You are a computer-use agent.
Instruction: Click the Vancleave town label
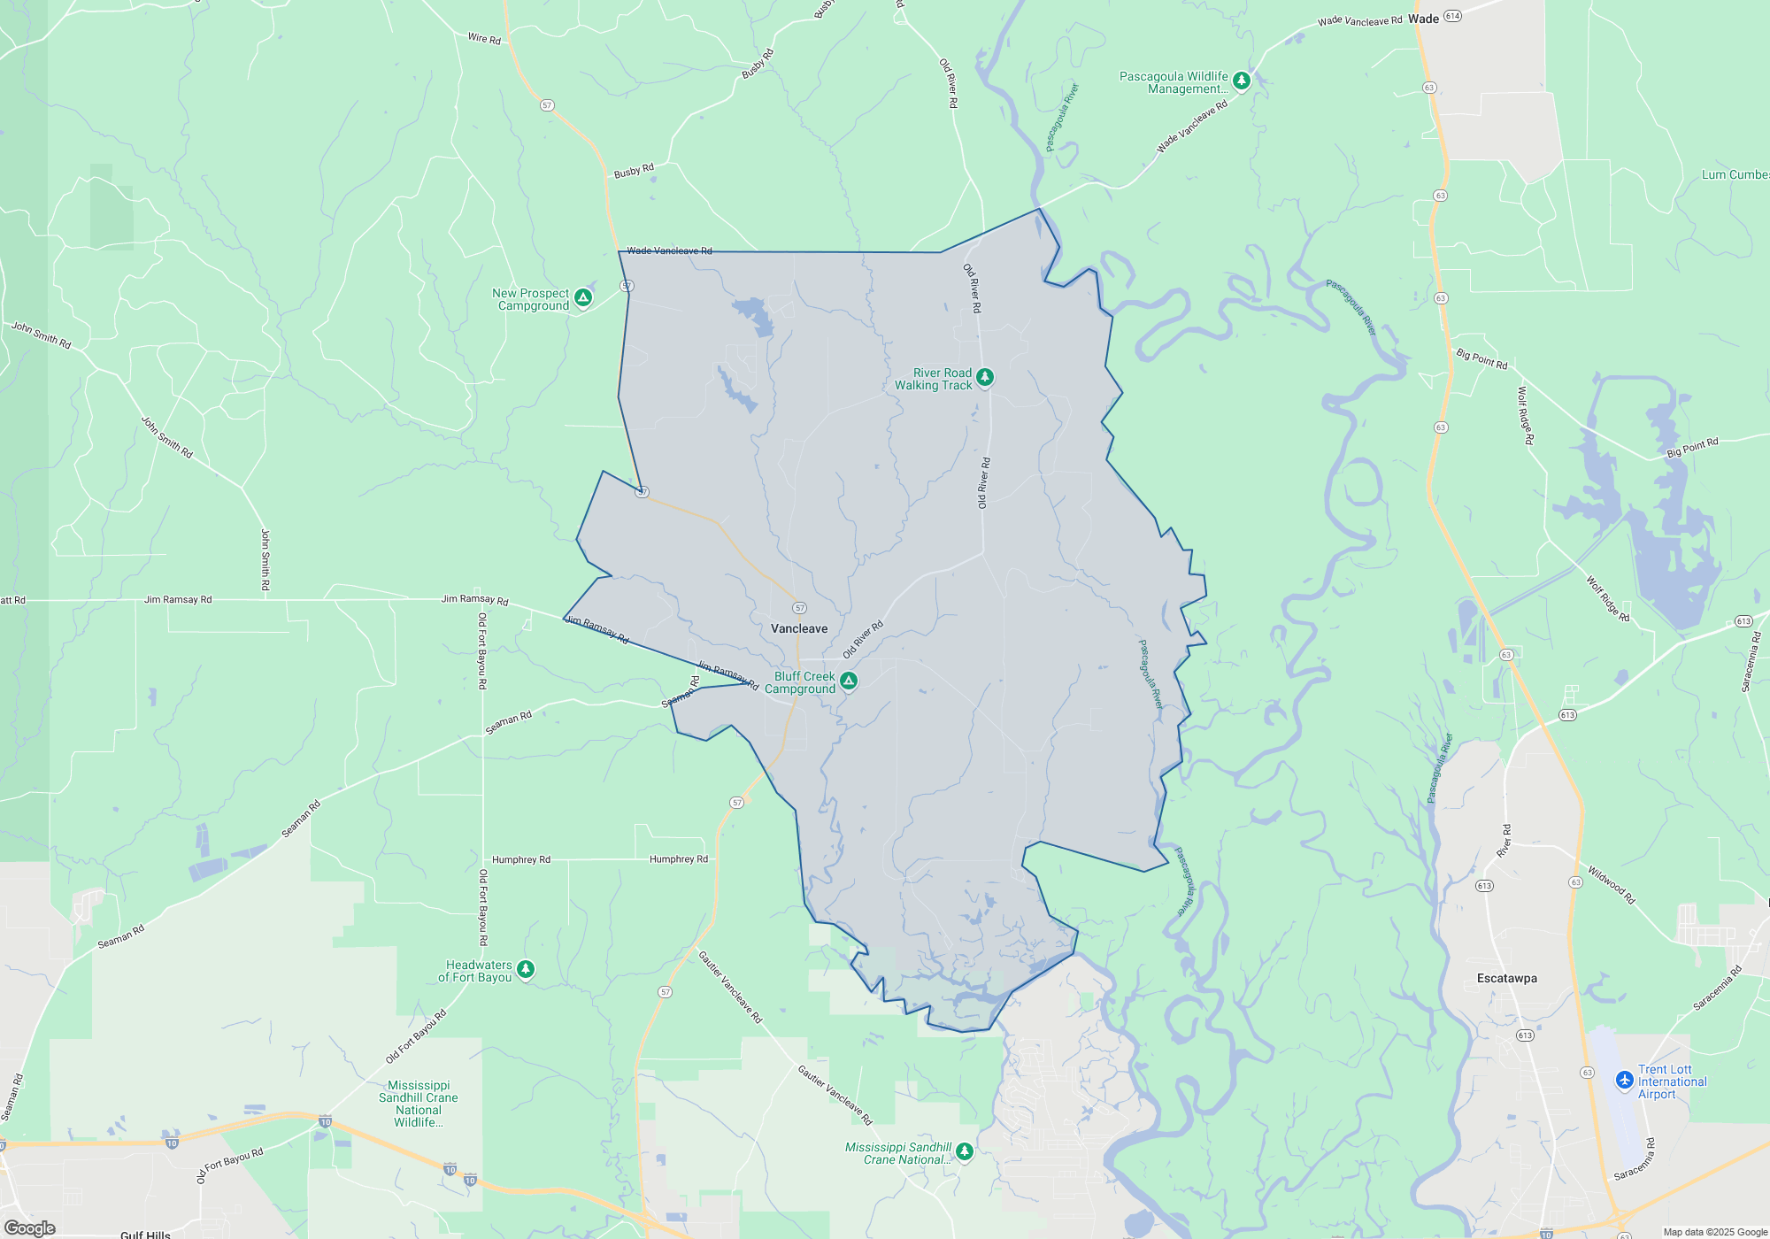pyautogui.click(x=799, y=628)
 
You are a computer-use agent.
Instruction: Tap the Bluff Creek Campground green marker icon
pyautogui.click(x=849, y=681)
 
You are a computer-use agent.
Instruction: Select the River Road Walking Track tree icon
pyautogui.click(x=984, y=378)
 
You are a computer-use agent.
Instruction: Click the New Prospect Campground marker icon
pyautogui.click(x=583, y=298)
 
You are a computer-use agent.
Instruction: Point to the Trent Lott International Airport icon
pyautogui.click(x=1624, y=1081)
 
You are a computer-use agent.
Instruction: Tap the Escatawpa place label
pyautogui.click(x=1506, y=978)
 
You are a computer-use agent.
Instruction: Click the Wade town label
pyautogui.click(x=1423, y=19)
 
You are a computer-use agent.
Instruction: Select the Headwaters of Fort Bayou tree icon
pyautogui.click(x=526, y=970)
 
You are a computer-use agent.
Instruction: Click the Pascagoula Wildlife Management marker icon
pyautogui.click(x=1242, y=81)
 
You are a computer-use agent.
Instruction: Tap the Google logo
pyautogui.click(x=29, y=1227)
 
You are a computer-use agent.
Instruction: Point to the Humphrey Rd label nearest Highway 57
pyautogui.click(x=678, y=858)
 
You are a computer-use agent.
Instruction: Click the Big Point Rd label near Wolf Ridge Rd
pyautogui.click(x=1481, y=358)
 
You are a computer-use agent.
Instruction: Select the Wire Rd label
pyautogui.click(x=484, y=38)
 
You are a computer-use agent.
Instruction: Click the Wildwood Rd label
pyautogui.click(x=1611, y=885)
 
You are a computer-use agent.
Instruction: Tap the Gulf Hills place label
pyautogui.click(x=145, y=1234)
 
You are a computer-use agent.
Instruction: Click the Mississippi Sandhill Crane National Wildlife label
pyautogui.click(x=419, y=1104)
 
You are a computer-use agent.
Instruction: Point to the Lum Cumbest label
pyautogui.click(x=1735, y=174)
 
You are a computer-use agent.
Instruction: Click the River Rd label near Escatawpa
pyautogui.click(x=1505, y=840)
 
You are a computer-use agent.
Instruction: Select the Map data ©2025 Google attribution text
pyautogui.click(x=1715, y=1232)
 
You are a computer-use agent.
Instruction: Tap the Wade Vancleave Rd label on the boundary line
pyautogui.click(x=669, y=250)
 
